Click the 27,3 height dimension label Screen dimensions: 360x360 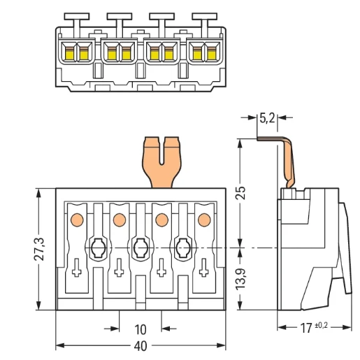[x=39, y=249]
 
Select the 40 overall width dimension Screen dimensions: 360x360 [x=141, y=346]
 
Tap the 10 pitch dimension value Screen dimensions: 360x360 [x=141, y=329]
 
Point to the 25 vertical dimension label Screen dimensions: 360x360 [x=240, y=193]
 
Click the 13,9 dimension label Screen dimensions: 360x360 [x=240, y=279]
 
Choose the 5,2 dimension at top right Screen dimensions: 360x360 [x=267, y=118]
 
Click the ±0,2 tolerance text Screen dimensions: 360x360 [x=321, y=325]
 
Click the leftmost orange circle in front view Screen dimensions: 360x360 [x=77, y=219]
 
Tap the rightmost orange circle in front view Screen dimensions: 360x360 [x=204, y=219]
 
